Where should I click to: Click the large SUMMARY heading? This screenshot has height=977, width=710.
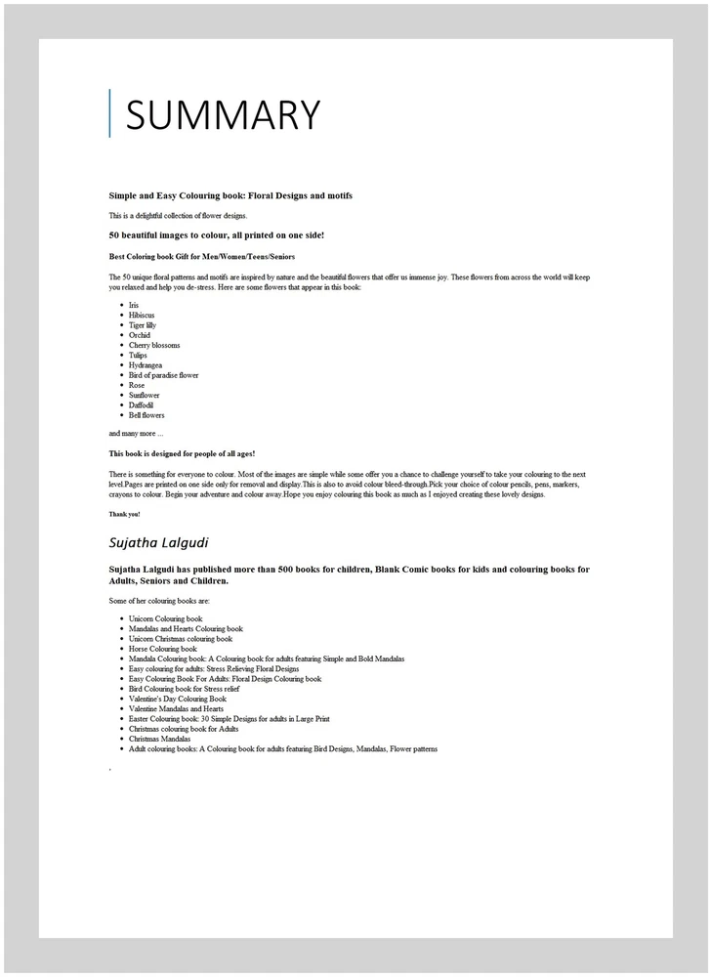[x=223, y=115]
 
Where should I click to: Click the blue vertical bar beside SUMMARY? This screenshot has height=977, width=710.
[x=110, y=113]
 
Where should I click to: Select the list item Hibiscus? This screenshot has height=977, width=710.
[x=142, y=316]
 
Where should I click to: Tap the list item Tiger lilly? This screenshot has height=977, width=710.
[x=143, y=325]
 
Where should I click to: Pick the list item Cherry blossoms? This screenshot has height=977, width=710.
[x=154, y=345]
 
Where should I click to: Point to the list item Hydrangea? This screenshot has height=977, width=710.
[x=146, y=365]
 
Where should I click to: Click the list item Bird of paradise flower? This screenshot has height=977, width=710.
[x=163, y=375]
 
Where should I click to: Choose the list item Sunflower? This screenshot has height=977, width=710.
[x=144, y=396]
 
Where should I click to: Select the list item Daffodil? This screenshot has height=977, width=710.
[x=142, y=405]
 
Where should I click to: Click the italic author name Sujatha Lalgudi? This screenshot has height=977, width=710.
[x=159, y=542]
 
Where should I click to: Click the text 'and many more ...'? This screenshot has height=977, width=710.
[x=136, y=433]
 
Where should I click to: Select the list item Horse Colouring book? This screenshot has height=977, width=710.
[x=162, y=649]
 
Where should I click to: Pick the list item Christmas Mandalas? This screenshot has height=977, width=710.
[x=159, y=740]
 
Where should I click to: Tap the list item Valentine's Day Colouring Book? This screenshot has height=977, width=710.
[x=177, y=699]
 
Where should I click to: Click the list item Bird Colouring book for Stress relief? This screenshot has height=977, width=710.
[x=184, y=689]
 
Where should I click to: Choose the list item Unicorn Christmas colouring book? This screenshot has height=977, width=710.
[x=180, y=639]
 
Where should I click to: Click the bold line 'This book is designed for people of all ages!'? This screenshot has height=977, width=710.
[x=182, y=453]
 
